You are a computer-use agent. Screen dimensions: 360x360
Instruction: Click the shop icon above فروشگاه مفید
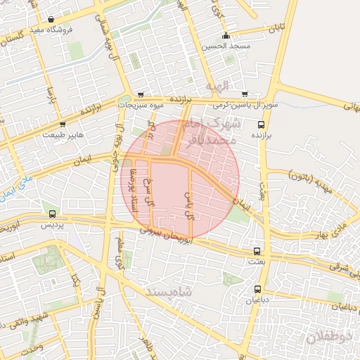pos(51,20)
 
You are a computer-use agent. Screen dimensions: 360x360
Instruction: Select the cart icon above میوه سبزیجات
pos(141,94)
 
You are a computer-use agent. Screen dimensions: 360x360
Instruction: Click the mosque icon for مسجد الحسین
pos(226,36)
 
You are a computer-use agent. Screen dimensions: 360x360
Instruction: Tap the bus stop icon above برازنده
pos(262,124)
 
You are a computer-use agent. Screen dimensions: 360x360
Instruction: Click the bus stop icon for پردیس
pos(51,214)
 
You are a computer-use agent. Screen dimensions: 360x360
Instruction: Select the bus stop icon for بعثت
pos(257,250)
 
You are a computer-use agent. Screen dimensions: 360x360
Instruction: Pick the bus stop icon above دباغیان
pos(257,289)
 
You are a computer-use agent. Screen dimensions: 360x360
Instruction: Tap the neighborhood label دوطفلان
pos(328,339)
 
